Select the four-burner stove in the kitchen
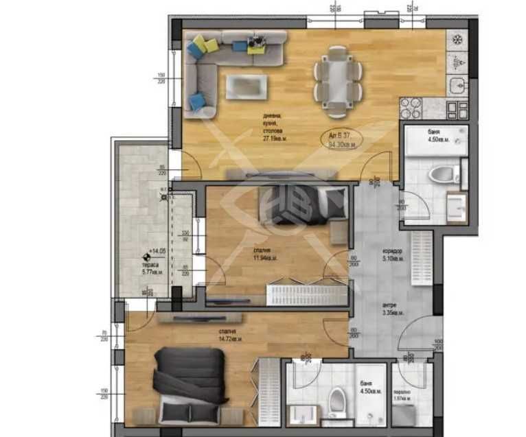pyautogui.click(x=410, y=107)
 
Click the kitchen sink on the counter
pyautogui.click(x=457, y=85)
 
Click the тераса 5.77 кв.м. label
pyautogui.click(x=150, y=267)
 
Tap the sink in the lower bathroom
pyautogui.click(x=301, y=415)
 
